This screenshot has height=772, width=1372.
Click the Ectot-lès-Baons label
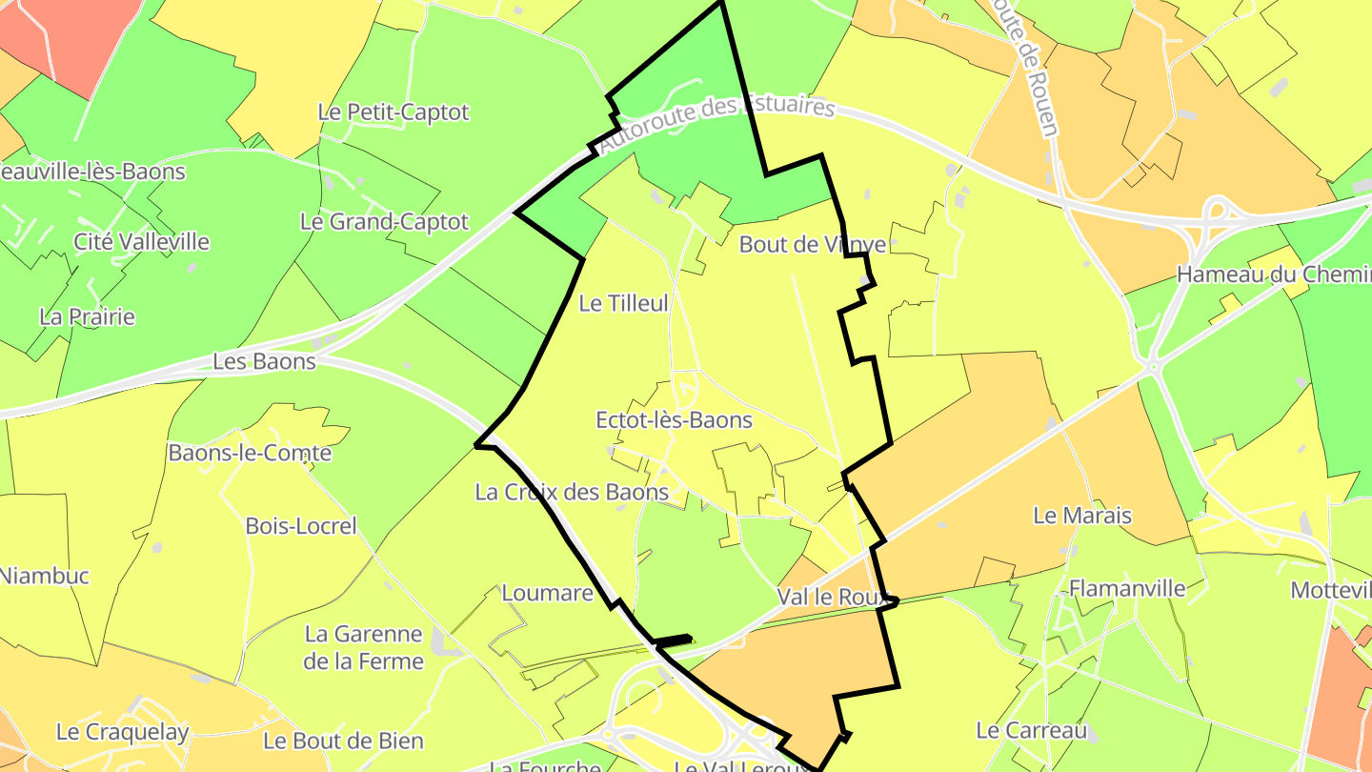(674, 420)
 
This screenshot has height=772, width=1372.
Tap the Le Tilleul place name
(624, 304)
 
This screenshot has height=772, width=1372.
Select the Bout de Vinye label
(813, 245)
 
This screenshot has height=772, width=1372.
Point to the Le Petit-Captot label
(393, 112)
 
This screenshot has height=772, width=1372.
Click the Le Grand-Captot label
(384, 222)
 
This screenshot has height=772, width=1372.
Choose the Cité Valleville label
(141, 242)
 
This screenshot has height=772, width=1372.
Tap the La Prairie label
(88, 317)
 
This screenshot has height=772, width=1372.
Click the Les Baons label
(264, 362)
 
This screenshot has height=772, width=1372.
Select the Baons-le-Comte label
(250, 453)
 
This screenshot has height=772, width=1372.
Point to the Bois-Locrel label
(301, 526)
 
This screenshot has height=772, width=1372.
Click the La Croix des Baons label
(572, 493)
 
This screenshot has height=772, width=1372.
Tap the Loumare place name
(547, 594)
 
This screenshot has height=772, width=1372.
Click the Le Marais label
(1082, 517)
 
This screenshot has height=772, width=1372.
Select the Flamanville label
(1127, 588)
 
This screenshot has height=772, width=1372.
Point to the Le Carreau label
(1031, 731)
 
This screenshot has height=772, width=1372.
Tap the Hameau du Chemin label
(1273, 274)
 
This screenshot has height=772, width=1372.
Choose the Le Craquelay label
(123, 732)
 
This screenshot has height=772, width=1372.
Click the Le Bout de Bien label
(343, 741)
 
